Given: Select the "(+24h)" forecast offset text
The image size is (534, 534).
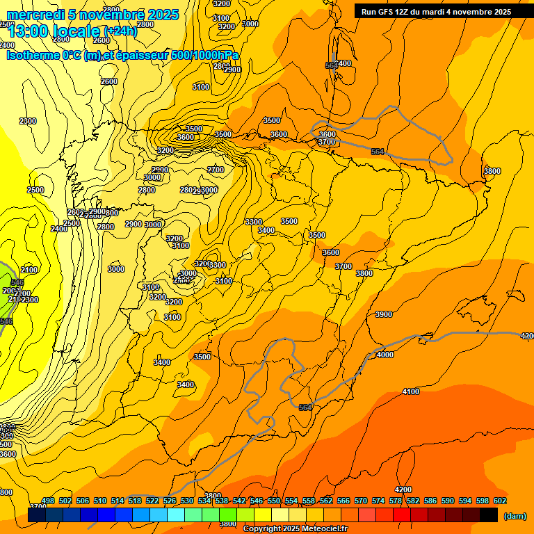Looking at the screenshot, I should [120, 31].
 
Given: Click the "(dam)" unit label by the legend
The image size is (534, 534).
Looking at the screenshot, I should [515, 516].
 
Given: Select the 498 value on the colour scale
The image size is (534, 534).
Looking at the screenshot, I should [48, 501].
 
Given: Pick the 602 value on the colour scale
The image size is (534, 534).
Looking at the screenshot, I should [500, 501].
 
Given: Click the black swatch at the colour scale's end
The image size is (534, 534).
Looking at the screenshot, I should [489, 515].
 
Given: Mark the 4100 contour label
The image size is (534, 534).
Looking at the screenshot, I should [411, 391].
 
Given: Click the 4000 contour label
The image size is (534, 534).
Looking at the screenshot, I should [385, 355].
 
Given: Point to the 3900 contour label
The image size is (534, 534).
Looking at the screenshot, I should [384, 314].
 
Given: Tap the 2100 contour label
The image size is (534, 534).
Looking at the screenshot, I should [29, 270].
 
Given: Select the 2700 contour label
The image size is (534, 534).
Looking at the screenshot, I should [216, 170].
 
